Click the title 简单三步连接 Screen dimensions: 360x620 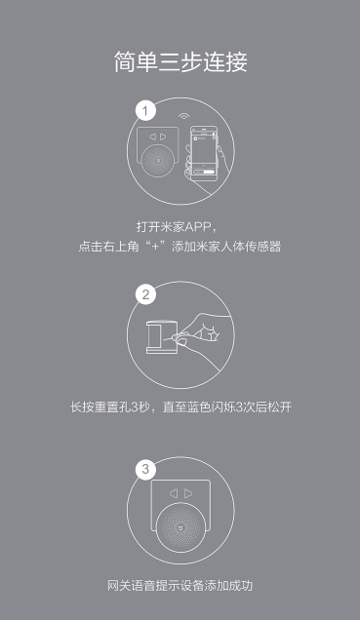point(180,62)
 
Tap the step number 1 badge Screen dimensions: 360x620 point(145,111)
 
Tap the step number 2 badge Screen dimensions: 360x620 point(145,294)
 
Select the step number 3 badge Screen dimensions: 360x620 point(145,469)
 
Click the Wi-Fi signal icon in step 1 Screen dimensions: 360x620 point(183,117)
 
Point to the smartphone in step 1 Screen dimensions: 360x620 point(204,153)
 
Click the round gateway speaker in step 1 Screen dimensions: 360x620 point(158,161)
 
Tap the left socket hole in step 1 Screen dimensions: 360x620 point(153,136)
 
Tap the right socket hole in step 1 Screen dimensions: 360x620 point(163,136)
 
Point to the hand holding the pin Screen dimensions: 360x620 point(201,340)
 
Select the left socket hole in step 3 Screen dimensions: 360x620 point(174,493)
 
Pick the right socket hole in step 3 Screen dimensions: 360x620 point(188,493)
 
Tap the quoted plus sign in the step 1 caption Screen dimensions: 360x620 point(160,247)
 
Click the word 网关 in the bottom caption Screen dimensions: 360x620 point(119,585)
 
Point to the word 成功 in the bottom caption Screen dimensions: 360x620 point(241,585)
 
